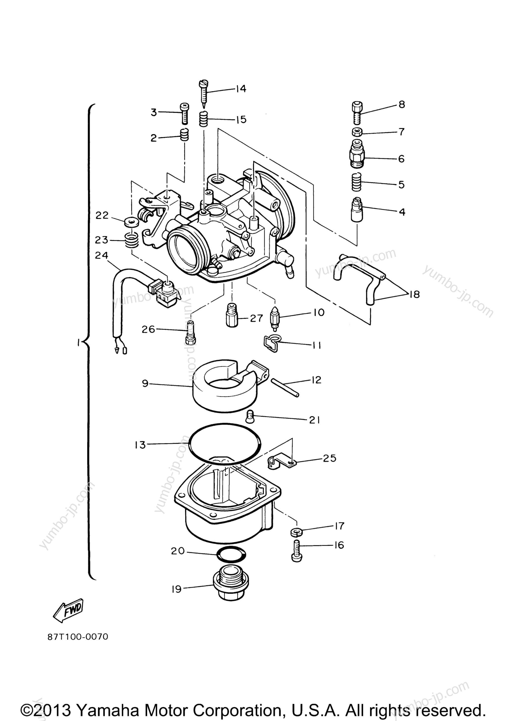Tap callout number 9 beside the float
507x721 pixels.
click(145, 383)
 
